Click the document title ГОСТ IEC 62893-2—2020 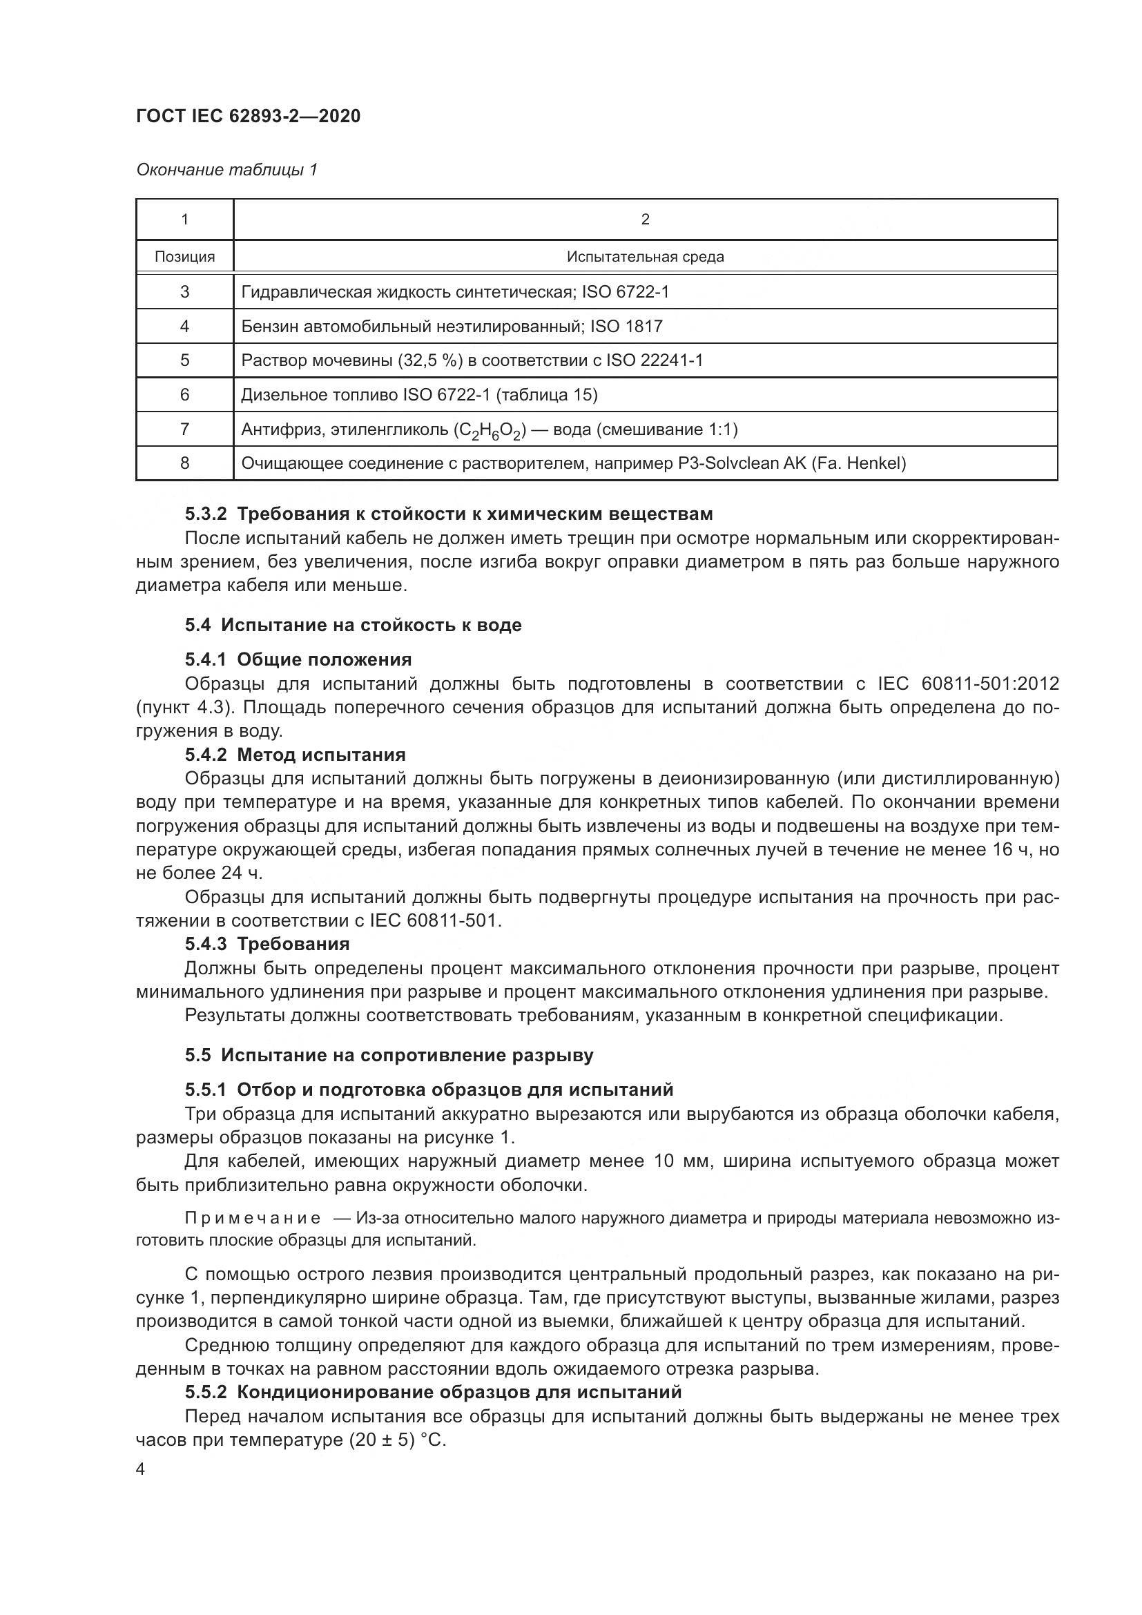(x=249, y=116)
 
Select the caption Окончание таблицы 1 (x=226, y=170)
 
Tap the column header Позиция (x=184, y=257)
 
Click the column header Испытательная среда (x=645, y=257)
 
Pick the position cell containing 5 (x=184, y=360)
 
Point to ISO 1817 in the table (x=626, y=326)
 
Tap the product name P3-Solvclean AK (x=741, y=463)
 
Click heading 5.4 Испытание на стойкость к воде (x=353, y=625)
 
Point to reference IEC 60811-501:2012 (x=968, y=683)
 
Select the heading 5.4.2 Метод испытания (x=296, y=755)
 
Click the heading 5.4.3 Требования (x=267, y=943)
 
